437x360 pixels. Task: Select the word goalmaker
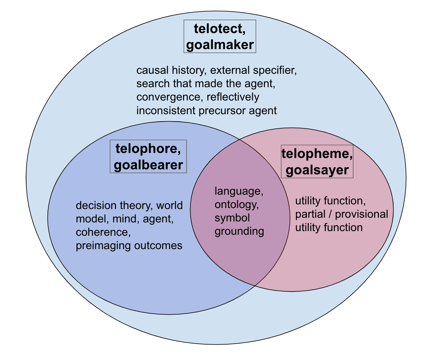tap(220, 45)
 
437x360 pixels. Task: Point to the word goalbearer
tap(148, 165)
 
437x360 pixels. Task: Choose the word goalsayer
tap(317, 170)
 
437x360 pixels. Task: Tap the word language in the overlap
tap(239, 191)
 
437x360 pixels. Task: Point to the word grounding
tap(239, 231)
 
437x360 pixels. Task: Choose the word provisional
tap(361, 214)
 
